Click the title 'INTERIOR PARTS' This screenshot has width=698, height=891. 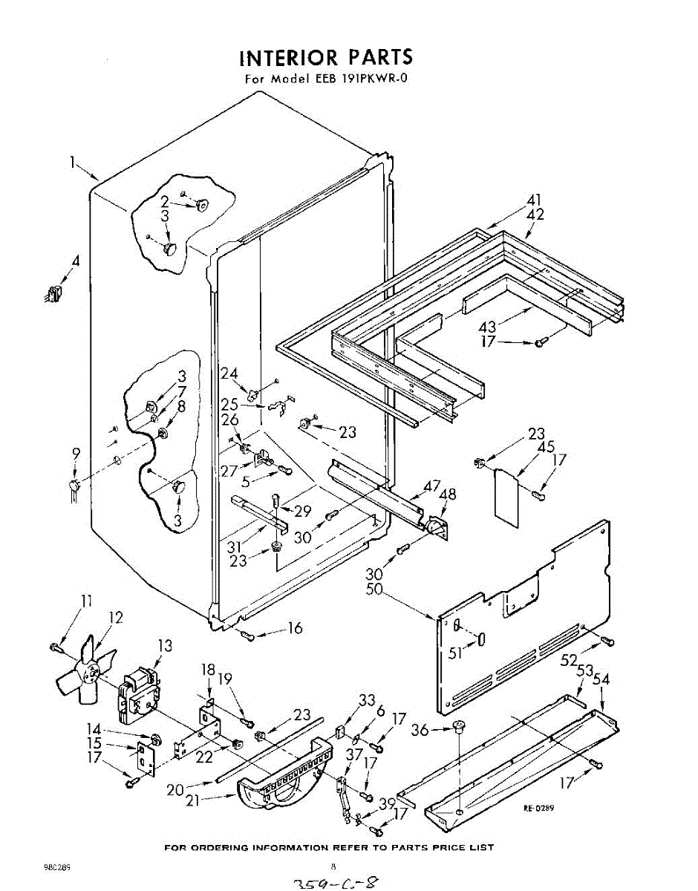(x=326, y=58)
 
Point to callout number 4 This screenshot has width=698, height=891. (x=75, y=261)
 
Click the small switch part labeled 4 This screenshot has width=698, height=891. (x=51, y=294)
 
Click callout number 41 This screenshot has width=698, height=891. (x=535, y=199)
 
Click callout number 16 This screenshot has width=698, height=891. (x=295, y=628)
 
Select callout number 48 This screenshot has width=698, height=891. (x=448, y=495)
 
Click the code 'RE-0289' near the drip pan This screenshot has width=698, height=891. (x=539, y=809)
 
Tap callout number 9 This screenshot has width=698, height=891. (x=76, y=454)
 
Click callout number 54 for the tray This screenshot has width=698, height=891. (x=602, y=679)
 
